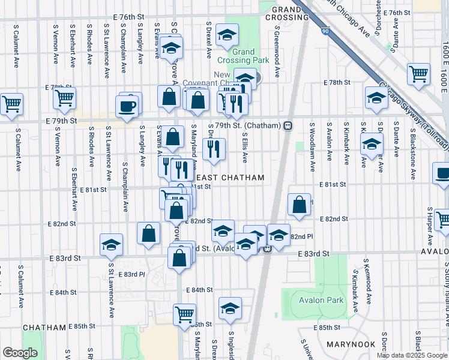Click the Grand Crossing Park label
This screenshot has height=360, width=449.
tap(243, 56)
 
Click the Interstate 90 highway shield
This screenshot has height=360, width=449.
tap(325, 30)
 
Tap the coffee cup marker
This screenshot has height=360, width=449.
tap(128, 106)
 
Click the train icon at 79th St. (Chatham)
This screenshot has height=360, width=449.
tap(288, 125)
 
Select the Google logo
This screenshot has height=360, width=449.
tap(20, 353)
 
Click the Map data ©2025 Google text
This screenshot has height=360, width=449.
tap(412, 355)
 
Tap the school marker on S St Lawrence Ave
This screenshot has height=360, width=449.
tap(111, 244)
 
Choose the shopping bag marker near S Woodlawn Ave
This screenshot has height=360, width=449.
tap(299, 205)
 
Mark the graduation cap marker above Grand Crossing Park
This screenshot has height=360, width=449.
tap(227, 35)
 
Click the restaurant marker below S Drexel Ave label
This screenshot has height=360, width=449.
tap(214, 148)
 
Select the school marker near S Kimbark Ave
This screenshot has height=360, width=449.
tap(372, 143)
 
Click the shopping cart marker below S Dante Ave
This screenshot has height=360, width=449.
tap(418, 74)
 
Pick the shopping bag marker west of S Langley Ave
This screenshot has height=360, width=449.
tap(148, 233)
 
